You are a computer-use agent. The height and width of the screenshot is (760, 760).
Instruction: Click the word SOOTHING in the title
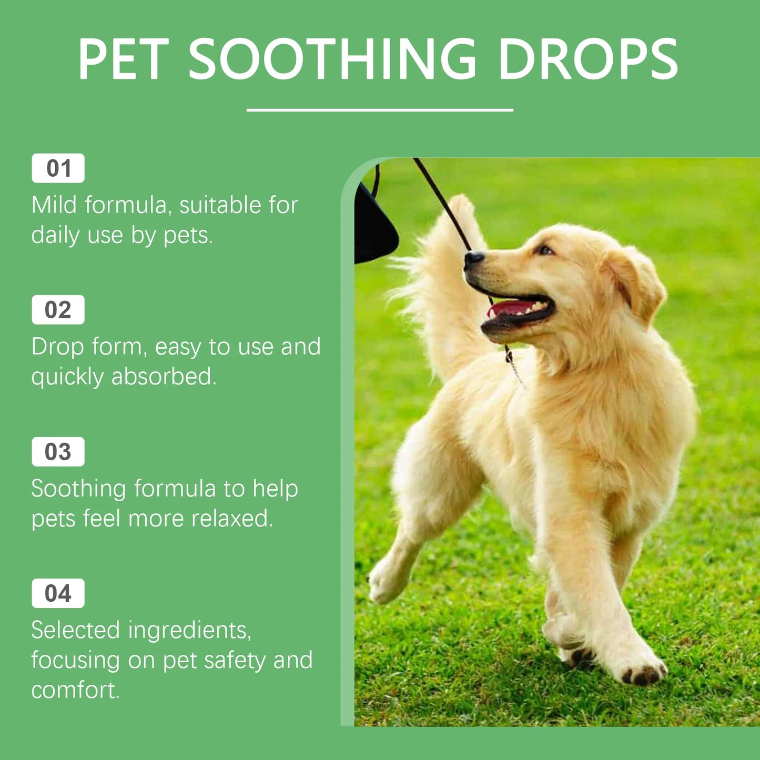click(x=332, y=59)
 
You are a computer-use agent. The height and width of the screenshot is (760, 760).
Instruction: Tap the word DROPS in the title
click(x=587, y=59)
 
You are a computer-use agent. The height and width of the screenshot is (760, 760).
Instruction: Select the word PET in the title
click(x=124, y=59)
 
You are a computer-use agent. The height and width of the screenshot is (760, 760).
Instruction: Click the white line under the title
click(x=380, y=110)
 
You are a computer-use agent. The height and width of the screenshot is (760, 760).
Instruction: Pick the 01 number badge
click(x=58, y=168)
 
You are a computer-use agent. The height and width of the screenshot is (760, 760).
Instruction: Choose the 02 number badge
click(x=58, y=310)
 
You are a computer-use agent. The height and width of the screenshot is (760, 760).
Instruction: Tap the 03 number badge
click(x=58, y=452)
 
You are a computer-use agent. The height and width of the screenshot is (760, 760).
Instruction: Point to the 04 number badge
click(x=58, y=593)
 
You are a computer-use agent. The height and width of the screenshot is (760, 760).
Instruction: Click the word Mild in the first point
click(x=55, y=205)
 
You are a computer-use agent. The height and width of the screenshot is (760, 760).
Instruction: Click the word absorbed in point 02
click(x=163, y=377)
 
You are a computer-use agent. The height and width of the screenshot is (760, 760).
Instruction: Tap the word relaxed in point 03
click(x=232, y=519)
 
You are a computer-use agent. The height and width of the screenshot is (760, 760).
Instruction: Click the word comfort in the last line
click(x=75, y=690)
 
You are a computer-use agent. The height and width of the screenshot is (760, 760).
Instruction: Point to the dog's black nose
click(x=473, y=258)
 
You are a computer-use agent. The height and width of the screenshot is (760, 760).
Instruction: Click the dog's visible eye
click(x=544, y=250)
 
